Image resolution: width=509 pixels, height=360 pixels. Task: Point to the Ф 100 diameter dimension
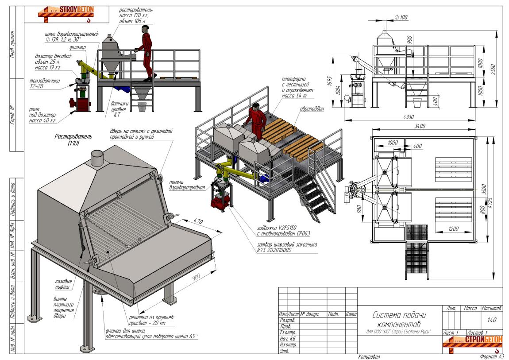coord(401,17)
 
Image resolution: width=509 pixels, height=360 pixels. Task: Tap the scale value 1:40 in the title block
coord(491,320)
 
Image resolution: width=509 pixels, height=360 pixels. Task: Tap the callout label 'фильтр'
coord(77,47)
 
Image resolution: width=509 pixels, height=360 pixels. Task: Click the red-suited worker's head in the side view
coord(145,30)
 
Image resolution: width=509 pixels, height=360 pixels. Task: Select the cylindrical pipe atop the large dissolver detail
coord(96,157)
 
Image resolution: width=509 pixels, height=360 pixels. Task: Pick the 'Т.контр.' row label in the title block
coord(288,332)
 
